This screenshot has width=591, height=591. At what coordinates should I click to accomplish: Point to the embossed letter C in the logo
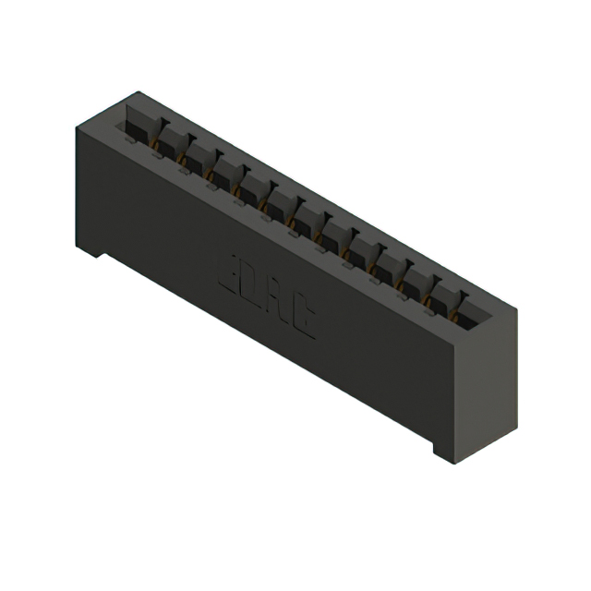(x=303, y=320)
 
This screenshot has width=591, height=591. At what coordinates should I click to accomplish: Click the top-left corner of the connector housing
(x=77, y=128)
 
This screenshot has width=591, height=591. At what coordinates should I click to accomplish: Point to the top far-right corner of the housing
(x=515, y=309)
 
